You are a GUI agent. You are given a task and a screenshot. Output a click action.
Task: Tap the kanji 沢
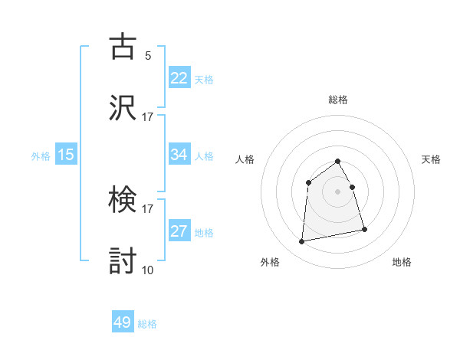click(x=123, y=107)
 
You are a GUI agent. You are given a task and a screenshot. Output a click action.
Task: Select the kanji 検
click(x=123, y=201)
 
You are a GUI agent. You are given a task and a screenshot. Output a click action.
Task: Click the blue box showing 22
click(x=179, y=78)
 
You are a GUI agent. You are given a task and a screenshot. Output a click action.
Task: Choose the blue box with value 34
click(x=179, y=155)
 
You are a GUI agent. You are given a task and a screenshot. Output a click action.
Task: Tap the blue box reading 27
click(x=179, y=231)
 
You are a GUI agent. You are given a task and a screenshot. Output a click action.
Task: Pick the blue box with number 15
click(x=66, y=155)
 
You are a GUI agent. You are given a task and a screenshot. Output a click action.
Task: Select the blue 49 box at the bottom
click(x=123, y=323)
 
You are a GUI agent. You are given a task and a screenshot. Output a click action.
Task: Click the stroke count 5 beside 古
click(x=148, y=55)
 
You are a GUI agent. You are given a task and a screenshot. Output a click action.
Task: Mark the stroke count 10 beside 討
click(x=147, y=270)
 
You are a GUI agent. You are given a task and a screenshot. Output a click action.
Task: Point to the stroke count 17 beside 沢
click(x=147, y=116)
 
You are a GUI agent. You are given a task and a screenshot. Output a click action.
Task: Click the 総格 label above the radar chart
click(x=338, y=100)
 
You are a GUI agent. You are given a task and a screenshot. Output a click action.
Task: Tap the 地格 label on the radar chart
click(x=402, y=263)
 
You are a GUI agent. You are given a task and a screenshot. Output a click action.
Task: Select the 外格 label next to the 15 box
click(x=41, y=155)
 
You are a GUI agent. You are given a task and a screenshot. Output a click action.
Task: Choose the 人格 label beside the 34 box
click(x=204, y=155)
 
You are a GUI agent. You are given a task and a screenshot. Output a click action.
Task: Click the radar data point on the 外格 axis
click(x=302, y=242)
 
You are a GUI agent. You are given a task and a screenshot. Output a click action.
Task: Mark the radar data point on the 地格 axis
click(x=364, y=229)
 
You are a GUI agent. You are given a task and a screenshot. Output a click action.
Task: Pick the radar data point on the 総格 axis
click(x=337, y=161)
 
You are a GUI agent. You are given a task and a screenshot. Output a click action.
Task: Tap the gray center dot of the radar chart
click(x=337, y=191)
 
